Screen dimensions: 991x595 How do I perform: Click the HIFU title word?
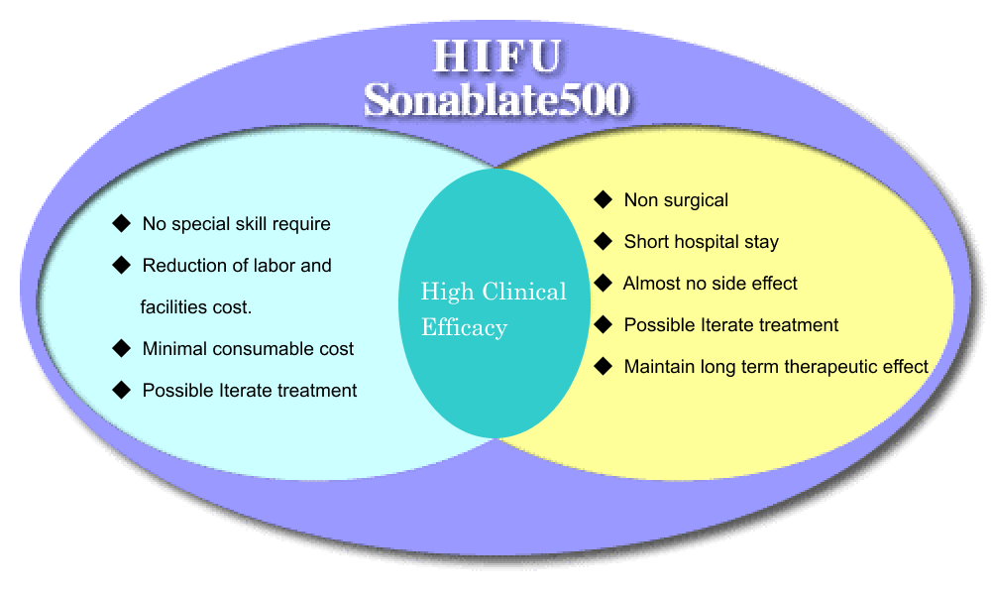497,56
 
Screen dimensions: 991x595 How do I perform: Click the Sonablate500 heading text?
497,99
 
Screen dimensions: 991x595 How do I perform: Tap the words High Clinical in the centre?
494,292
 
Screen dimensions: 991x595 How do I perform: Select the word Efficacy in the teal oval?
465,327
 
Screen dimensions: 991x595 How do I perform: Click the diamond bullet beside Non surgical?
604,199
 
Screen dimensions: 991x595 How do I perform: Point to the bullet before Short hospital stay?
604,241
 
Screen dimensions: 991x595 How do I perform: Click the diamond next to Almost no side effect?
604,283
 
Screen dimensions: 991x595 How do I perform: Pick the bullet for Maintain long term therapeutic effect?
604,366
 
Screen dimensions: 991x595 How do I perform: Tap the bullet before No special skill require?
121,223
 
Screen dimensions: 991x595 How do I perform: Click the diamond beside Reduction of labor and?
121,265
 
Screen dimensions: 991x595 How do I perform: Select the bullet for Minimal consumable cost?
121,348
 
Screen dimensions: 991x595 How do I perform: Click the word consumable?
266,349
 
